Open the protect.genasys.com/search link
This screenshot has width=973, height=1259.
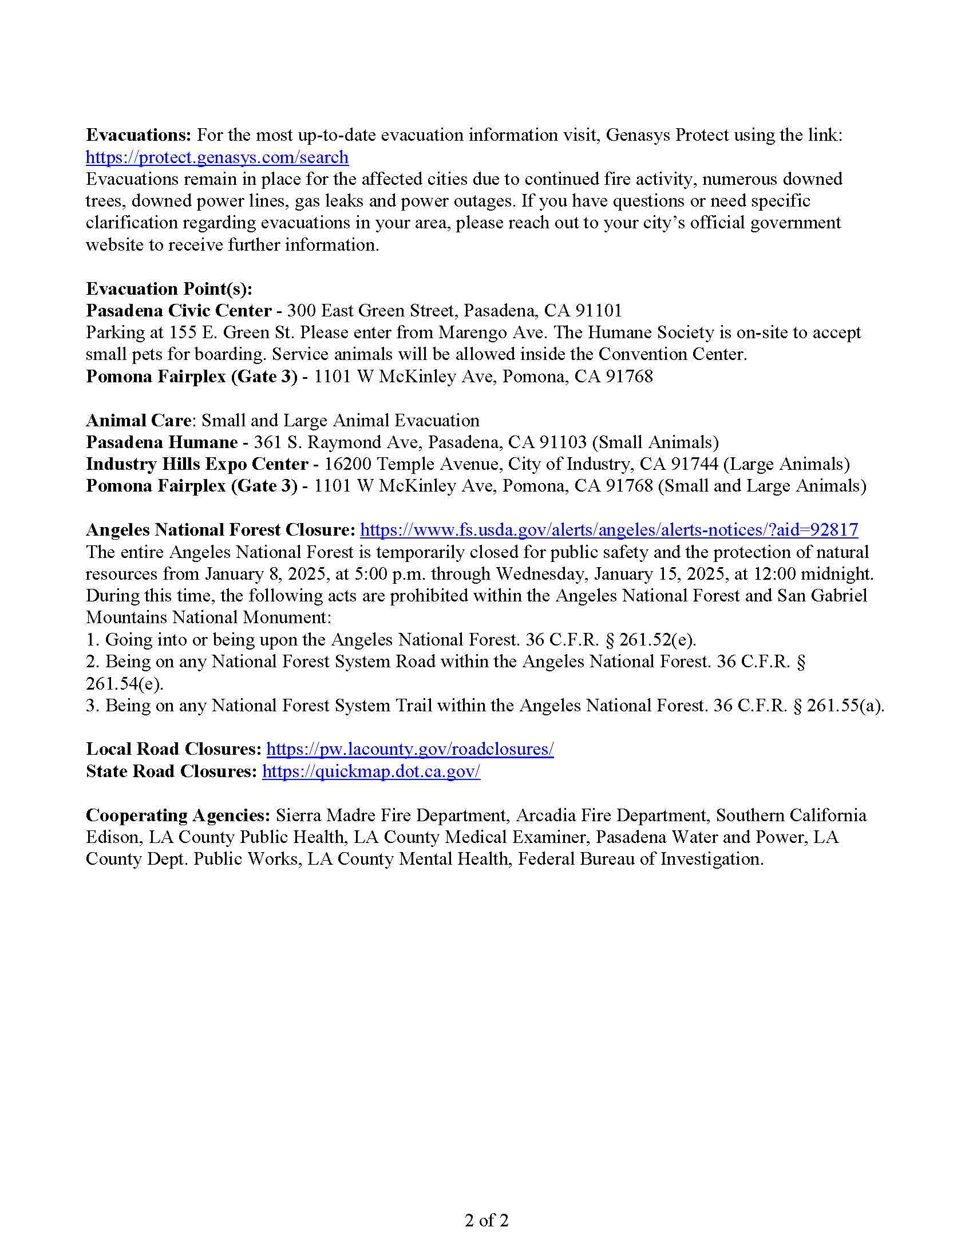click(x=217, y=157)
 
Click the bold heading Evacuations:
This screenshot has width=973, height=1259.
click(x=139, y=135)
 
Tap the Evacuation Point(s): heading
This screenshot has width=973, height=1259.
click(x=169, y=288)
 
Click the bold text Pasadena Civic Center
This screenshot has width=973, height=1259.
click(x=179, y=311)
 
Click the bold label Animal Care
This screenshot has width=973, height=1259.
click(x=139, y=420)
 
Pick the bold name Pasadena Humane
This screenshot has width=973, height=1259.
click(x=161, y=442)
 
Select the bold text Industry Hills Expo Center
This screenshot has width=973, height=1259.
click(x=196, y=464)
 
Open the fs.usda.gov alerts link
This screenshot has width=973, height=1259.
click(x=609, y=530)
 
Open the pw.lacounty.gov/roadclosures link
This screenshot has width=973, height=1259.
click(x=410, y=749)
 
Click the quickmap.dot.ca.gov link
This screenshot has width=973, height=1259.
click(x=371, y=771)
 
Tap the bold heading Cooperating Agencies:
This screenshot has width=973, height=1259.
click(x=178, y=815)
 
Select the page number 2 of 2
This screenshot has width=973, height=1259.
click(x=486, y=1220)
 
